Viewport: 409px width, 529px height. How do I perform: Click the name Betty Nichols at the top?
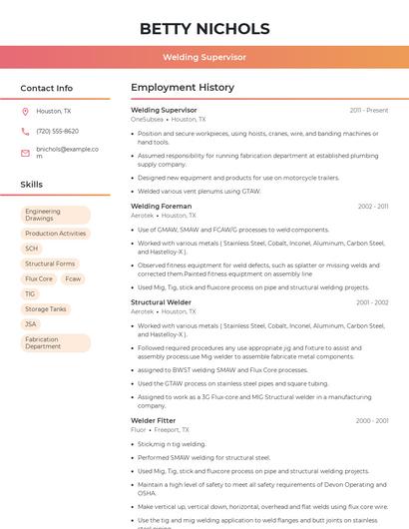[204, 28]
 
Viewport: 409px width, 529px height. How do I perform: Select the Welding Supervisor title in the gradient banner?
[204, 57]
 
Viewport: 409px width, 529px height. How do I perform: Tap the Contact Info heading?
[47, 88]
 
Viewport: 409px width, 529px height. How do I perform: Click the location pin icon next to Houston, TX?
[25, 111]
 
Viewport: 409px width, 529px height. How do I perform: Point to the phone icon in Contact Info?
[25, 131]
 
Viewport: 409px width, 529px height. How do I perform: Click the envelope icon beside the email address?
[25, 152]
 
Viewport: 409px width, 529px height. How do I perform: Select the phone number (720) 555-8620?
[57, 131]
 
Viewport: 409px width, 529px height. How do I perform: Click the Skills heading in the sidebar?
[32, 185]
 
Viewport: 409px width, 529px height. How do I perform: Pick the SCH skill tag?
[32, 249]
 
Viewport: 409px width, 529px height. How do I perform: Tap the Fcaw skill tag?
[73, 278]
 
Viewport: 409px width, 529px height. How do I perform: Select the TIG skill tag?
[30, 293]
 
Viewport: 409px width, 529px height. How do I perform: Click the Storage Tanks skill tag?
[46, 308]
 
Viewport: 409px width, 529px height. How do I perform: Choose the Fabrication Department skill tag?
[56, 342]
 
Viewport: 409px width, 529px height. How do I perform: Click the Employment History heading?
[183, 88]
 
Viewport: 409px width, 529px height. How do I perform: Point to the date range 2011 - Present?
[369, 110]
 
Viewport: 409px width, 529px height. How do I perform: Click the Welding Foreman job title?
[161, 206]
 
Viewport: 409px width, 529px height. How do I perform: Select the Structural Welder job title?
[161, 301]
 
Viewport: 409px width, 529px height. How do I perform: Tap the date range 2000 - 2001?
[372, 420]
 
